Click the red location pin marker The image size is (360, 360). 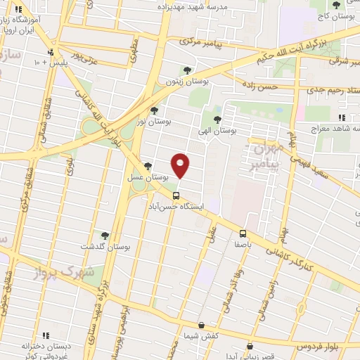pos(181,165)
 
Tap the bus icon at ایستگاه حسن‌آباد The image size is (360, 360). pos(176,195)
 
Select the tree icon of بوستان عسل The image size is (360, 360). pos(148,166)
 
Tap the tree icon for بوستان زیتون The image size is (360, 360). pos(186,70)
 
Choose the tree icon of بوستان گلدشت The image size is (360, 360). pos(105,236)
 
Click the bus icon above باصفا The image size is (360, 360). pos(243,233)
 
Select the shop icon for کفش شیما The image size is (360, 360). pos(202,326)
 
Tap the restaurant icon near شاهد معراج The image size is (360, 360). pos(342,117)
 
